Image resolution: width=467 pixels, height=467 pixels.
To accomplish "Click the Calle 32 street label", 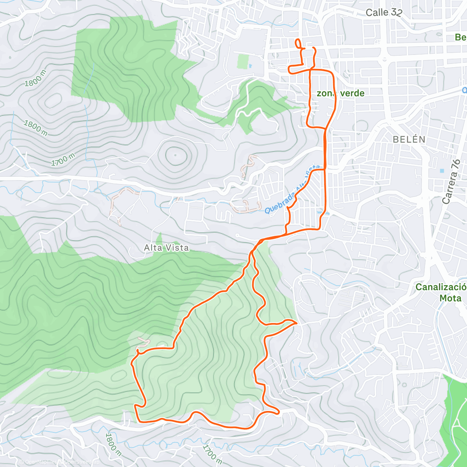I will (383, 12).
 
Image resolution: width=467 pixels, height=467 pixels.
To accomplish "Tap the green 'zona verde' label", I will (341, 93).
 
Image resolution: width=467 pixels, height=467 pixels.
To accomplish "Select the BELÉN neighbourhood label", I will (409, 139).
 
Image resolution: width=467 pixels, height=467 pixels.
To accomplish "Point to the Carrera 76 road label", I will (451, 182).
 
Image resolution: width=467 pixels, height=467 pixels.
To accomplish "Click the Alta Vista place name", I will (166, 248).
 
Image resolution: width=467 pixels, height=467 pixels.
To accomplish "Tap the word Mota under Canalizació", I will (450, 298).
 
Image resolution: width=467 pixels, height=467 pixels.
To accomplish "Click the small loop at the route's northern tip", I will (298, 44).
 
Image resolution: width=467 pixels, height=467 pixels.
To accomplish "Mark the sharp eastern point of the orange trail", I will (296, 323).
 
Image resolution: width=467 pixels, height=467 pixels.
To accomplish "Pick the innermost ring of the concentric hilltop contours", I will (175, 155).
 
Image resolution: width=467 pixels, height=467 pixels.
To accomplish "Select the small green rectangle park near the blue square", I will (243, 61).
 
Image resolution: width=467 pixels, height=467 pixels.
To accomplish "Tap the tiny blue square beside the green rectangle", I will (250, 65).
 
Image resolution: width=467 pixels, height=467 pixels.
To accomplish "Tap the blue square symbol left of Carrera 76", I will (441, 171).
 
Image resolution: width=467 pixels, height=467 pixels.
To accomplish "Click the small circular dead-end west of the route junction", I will (237, 235).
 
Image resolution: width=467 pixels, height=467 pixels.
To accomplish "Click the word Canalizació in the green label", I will (440, 287).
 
